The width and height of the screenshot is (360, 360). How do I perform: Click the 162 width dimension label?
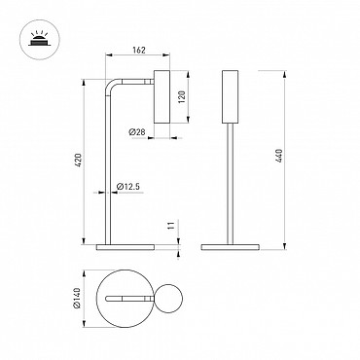(139, 51)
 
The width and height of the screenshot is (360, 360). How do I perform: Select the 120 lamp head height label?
(181, 96)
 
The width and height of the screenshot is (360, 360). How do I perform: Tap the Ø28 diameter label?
(137, 132)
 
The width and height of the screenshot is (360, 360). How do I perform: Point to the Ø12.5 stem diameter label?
(127, 187)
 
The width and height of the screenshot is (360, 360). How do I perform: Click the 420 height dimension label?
(78, 160)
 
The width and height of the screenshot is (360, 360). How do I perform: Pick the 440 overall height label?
(278, 156)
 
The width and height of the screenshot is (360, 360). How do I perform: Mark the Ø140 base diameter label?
(77, 298)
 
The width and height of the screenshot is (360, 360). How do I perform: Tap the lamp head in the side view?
(162, 96)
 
